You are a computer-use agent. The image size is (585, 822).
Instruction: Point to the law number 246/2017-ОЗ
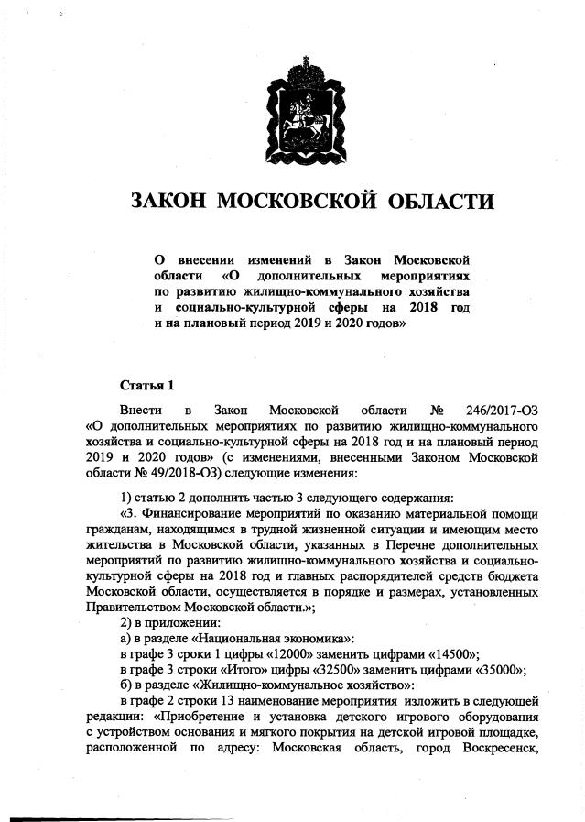(490, 409)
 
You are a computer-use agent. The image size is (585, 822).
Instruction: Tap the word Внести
(139, 409)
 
